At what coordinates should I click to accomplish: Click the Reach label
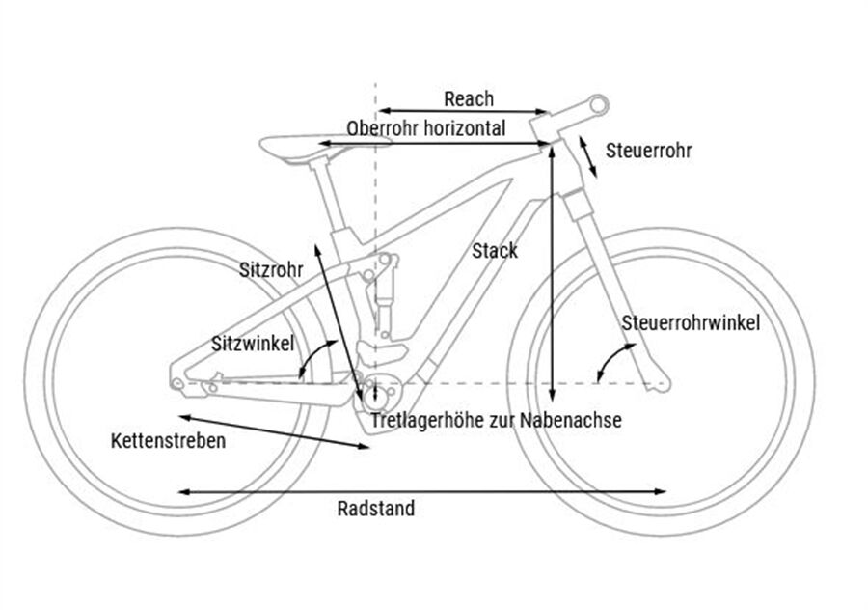coord(469,98)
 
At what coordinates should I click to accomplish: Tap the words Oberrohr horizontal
coord(425,127)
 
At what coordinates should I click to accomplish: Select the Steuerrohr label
coord(648,151)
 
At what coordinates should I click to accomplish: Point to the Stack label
coord(495,251)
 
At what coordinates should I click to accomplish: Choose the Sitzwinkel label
coord(254,343)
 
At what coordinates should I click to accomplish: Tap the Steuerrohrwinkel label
coord(691,322)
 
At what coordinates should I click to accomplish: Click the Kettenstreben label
coord(168,441)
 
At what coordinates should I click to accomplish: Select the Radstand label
coord(376,509)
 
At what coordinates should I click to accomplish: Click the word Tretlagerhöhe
coord(425,420)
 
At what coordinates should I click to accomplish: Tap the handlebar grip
coord(598,101)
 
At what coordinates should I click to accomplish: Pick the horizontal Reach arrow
coord(463,111)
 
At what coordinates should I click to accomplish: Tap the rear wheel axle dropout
coord(176,383)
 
